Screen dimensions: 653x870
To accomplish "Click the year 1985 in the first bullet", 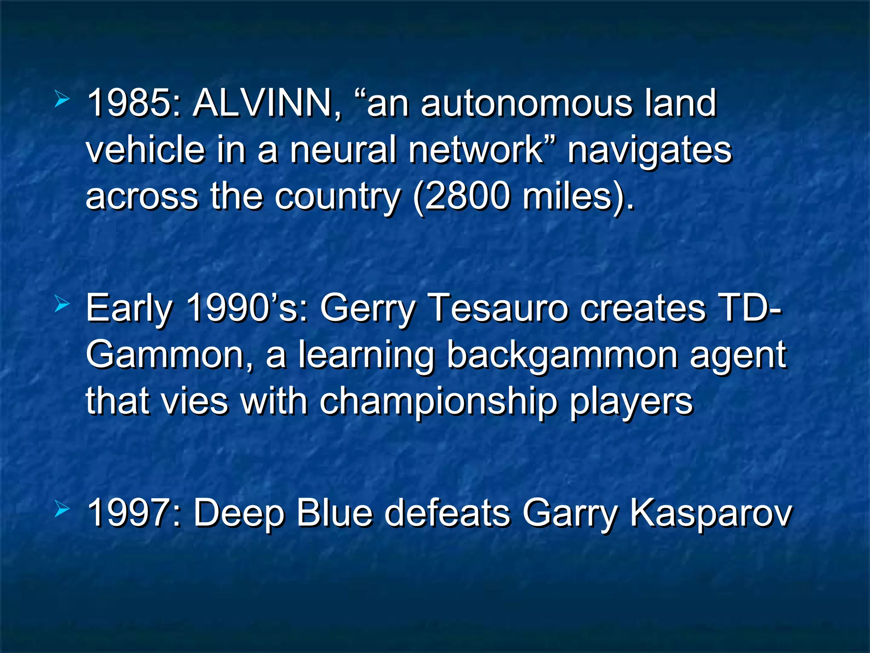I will point(130,103).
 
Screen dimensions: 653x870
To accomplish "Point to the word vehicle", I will point(145,150).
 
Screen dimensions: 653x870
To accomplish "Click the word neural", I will point(344,150).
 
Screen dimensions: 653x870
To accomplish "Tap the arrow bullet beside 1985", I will point(62,100).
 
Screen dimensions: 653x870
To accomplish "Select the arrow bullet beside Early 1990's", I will point(62,304).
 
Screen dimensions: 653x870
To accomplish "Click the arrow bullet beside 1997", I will point(62,509).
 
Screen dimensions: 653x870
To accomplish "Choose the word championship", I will point(438,402).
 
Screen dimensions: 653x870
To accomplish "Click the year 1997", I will point(130,513).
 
